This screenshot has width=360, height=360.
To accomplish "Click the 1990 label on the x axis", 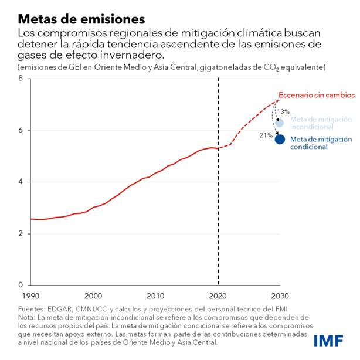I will click(x=30, y=295).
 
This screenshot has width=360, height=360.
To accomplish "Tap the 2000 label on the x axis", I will click(x=93, y=295).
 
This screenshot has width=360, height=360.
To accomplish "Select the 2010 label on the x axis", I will click(x=155, y=295).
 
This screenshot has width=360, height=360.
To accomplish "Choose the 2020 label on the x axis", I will click(x=218, y=295).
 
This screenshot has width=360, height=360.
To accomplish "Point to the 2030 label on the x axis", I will click(x=280, y=295).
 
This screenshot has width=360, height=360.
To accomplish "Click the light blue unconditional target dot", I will click(x=280, y=123).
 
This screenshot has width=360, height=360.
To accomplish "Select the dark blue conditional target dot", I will click(x=280, y=139).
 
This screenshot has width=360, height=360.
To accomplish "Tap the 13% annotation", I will click(x=283, y=112).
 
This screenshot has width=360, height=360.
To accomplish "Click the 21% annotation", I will click(x=266, y=135).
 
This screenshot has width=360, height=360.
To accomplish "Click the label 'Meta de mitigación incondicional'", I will click(x=321, y=123).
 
